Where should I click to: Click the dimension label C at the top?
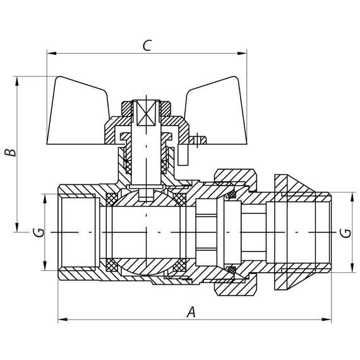pyautogui.click(x=147, y=45)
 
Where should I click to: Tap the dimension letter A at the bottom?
pyautogui.click(x=191, y=311)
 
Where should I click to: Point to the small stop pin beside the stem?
pyautogui.click(x=197, y=138)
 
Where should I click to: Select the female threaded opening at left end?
pyautogui.click(x=76, y=232)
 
